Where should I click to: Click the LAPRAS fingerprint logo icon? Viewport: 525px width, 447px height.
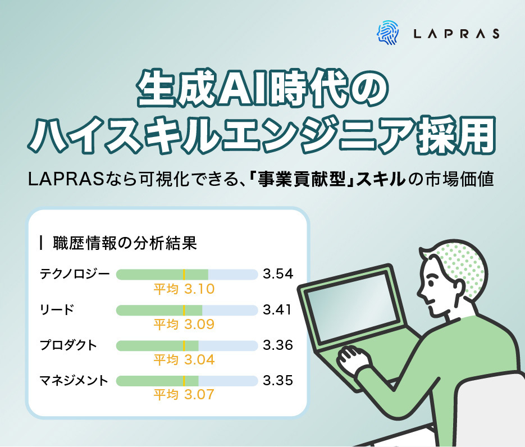387,33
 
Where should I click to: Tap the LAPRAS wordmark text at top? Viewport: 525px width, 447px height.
455,34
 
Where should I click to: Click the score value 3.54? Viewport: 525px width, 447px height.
278,275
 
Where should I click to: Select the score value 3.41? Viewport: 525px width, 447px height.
277,310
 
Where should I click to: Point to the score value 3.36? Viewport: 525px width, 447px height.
278,345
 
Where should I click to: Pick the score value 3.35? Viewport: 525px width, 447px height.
278,381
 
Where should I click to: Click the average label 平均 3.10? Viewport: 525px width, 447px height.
184,289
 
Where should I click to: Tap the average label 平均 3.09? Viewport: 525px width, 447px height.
184,325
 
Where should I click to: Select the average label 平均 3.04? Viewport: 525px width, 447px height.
184,359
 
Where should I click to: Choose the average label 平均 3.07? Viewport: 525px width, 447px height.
184,395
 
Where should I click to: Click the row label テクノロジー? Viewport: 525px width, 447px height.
75,275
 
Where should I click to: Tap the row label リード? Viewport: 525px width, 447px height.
57,310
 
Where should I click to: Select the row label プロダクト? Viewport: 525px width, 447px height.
69,345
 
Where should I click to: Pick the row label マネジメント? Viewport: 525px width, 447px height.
74,381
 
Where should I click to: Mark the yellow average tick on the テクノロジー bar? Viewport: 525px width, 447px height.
184,275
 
